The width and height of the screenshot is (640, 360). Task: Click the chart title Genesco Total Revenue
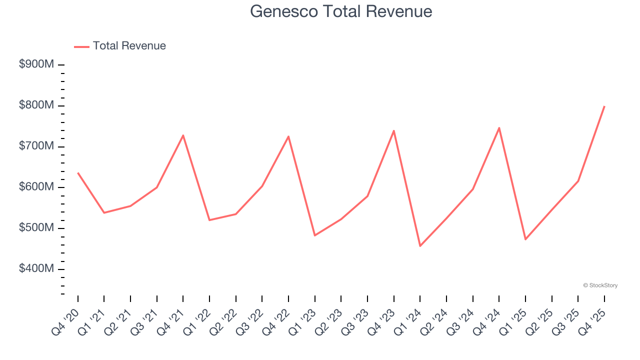[341, 11]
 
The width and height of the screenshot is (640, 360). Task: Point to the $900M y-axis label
[37, 64]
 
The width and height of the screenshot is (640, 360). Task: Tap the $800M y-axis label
[37, 105]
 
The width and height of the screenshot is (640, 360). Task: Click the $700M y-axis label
[37, 146]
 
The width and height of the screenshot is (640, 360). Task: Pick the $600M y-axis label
[37, 187]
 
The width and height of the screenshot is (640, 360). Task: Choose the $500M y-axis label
[37, 228]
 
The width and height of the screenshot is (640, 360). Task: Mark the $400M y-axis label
[37, 269]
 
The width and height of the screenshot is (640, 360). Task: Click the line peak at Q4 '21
[183, 135]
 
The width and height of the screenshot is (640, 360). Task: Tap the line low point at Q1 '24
[420, 246]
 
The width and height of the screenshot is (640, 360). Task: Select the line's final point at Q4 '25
[604, 106]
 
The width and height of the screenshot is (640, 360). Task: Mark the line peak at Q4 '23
[394, 130]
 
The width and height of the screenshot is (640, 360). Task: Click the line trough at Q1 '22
[209, 220]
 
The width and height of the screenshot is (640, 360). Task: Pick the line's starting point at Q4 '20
[78, 173]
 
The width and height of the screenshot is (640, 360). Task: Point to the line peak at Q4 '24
[499, 127]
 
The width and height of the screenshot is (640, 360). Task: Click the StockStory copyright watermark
[600, 285]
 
